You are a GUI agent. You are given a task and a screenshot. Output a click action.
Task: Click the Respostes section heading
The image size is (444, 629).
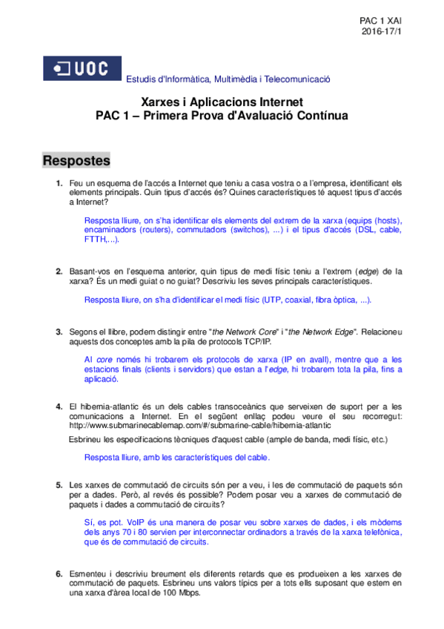pyautogui.click(x=76, y=160)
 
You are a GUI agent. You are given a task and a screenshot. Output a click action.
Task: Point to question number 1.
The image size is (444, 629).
pyautogui.click(x=59, y=182)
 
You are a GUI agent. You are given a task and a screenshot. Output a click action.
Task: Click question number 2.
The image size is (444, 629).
pyautogui.click(x=59, y=271)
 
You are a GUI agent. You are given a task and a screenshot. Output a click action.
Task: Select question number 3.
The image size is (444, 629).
pyautogui.click(x=59, y=331)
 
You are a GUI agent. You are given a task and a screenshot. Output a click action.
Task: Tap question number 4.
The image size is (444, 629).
pyautogui.click(x=59, y=406)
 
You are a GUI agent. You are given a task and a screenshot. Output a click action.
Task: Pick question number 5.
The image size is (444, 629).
pyautogui.click(x=59, y=484)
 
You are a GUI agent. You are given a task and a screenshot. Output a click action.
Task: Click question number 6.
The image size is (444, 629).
pyautogui.click(x=59, y=573)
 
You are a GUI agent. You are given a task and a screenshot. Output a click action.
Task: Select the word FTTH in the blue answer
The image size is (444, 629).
pyautogui.click(x=96, y=240)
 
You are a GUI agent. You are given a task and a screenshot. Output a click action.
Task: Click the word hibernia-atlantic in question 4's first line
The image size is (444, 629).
pyautogui.click(x=104, y=406)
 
